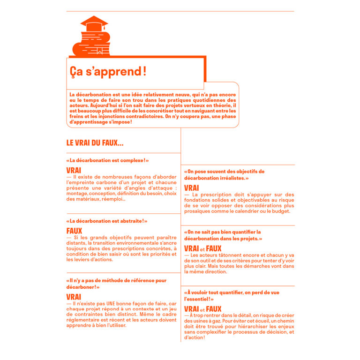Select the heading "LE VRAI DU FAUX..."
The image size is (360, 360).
click(95, 142)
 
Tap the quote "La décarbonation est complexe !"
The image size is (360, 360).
click(108, 160)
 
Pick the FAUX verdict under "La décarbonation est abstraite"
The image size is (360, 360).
click(74, 231)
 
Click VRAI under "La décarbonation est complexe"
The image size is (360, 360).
click(74, 170)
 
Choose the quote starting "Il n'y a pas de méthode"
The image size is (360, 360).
click(116, 284)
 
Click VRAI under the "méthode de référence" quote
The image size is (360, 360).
click(74, 297)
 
